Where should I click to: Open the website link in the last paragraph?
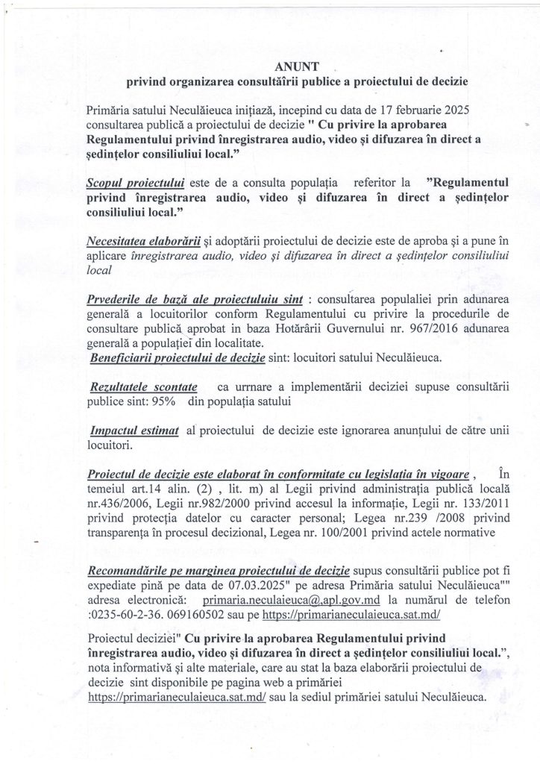[x=154, y=698]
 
